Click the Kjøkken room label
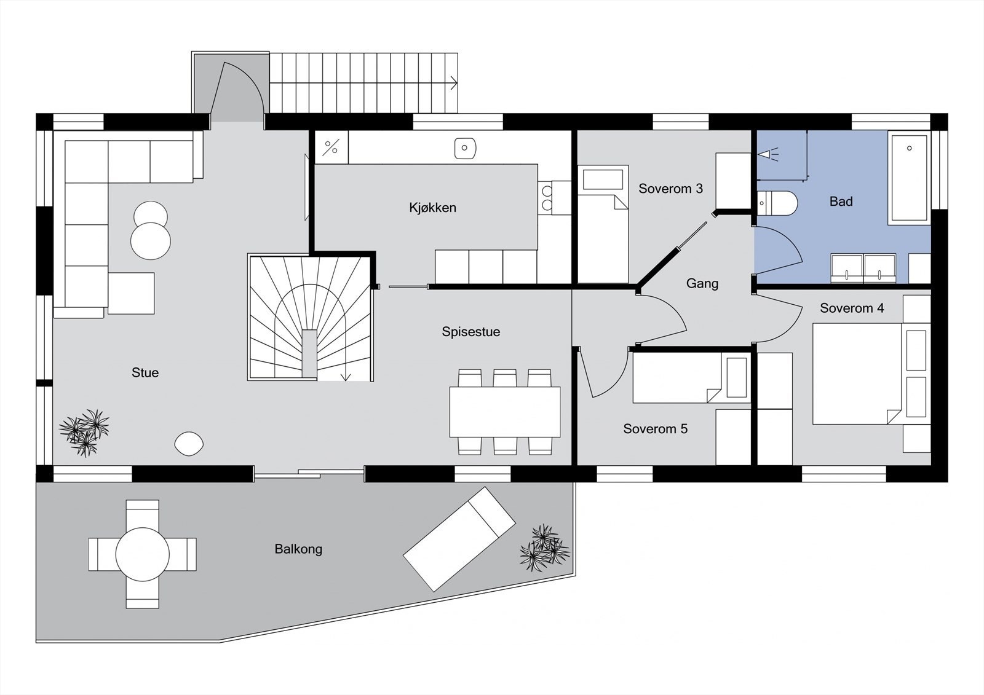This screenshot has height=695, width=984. click(432, 208)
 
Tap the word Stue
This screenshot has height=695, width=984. click(145, 372)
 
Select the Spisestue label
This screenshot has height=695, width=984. click(470, 332)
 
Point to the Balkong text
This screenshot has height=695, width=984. click(298, 549)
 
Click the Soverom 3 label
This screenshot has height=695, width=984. click(670, 189)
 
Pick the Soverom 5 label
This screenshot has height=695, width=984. click(655, 429)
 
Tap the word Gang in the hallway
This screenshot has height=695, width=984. click(702, 283)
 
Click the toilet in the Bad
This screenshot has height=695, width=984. click(779, 203)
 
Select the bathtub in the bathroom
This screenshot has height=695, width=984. click(909, 178)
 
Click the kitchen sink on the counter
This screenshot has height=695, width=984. click(466, 148)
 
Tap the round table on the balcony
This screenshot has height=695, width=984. click(142, 554)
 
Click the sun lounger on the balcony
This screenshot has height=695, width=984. click(459, 538)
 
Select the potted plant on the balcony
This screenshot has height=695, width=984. click(544, 548)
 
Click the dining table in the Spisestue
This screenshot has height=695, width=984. click(504, 411)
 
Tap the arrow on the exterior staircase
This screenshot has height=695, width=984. click(454, 82)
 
